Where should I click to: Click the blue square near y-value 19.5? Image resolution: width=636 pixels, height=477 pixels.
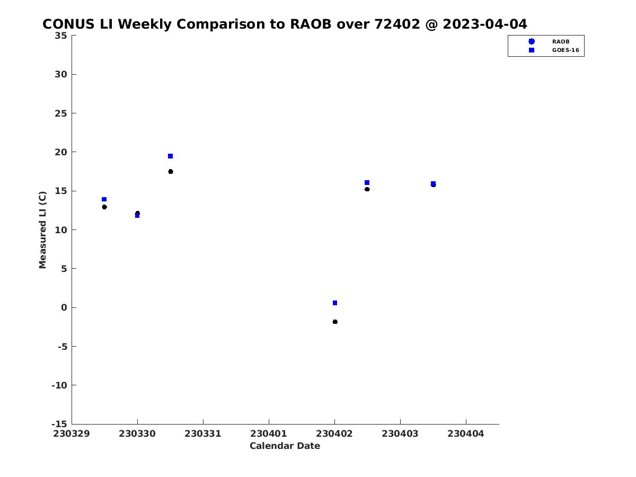click(170, 156)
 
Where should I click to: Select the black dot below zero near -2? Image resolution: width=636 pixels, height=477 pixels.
click(335, 322)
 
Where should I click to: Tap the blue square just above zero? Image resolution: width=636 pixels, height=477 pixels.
click(335, 303)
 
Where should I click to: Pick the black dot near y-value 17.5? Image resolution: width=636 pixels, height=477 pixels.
click(171, 172)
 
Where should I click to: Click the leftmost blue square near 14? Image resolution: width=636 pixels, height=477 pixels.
click(104, 199)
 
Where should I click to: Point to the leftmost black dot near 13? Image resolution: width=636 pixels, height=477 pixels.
click(104, 207)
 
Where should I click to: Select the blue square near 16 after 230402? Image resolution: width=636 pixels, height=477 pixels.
click(367, 183)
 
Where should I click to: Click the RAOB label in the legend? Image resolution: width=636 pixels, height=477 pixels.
click(561, 42)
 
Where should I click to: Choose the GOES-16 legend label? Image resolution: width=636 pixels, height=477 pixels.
click(566, 50)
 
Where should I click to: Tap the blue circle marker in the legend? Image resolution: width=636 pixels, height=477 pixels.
click(532, 41)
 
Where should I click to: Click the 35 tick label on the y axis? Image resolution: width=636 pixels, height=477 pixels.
click(61, 36)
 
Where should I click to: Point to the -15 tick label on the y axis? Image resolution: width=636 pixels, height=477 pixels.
click(59, 425)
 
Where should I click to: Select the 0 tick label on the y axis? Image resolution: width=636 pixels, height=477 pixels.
click(64, 307)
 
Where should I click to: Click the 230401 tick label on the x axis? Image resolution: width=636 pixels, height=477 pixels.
click(269, 434)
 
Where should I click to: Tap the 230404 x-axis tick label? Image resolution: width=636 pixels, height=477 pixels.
click(466, 434)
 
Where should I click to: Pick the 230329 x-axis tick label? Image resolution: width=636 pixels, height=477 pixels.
click(72, 434)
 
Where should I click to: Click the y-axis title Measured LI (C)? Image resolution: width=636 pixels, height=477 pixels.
click(42, 230)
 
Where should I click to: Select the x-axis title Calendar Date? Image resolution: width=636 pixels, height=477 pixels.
click(285, 446)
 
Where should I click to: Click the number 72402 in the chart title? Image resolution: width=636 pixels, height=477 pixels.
click(397, 24)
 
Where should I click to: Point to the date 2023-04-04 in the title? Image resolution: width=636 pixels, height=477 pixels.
click(485, 24)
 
